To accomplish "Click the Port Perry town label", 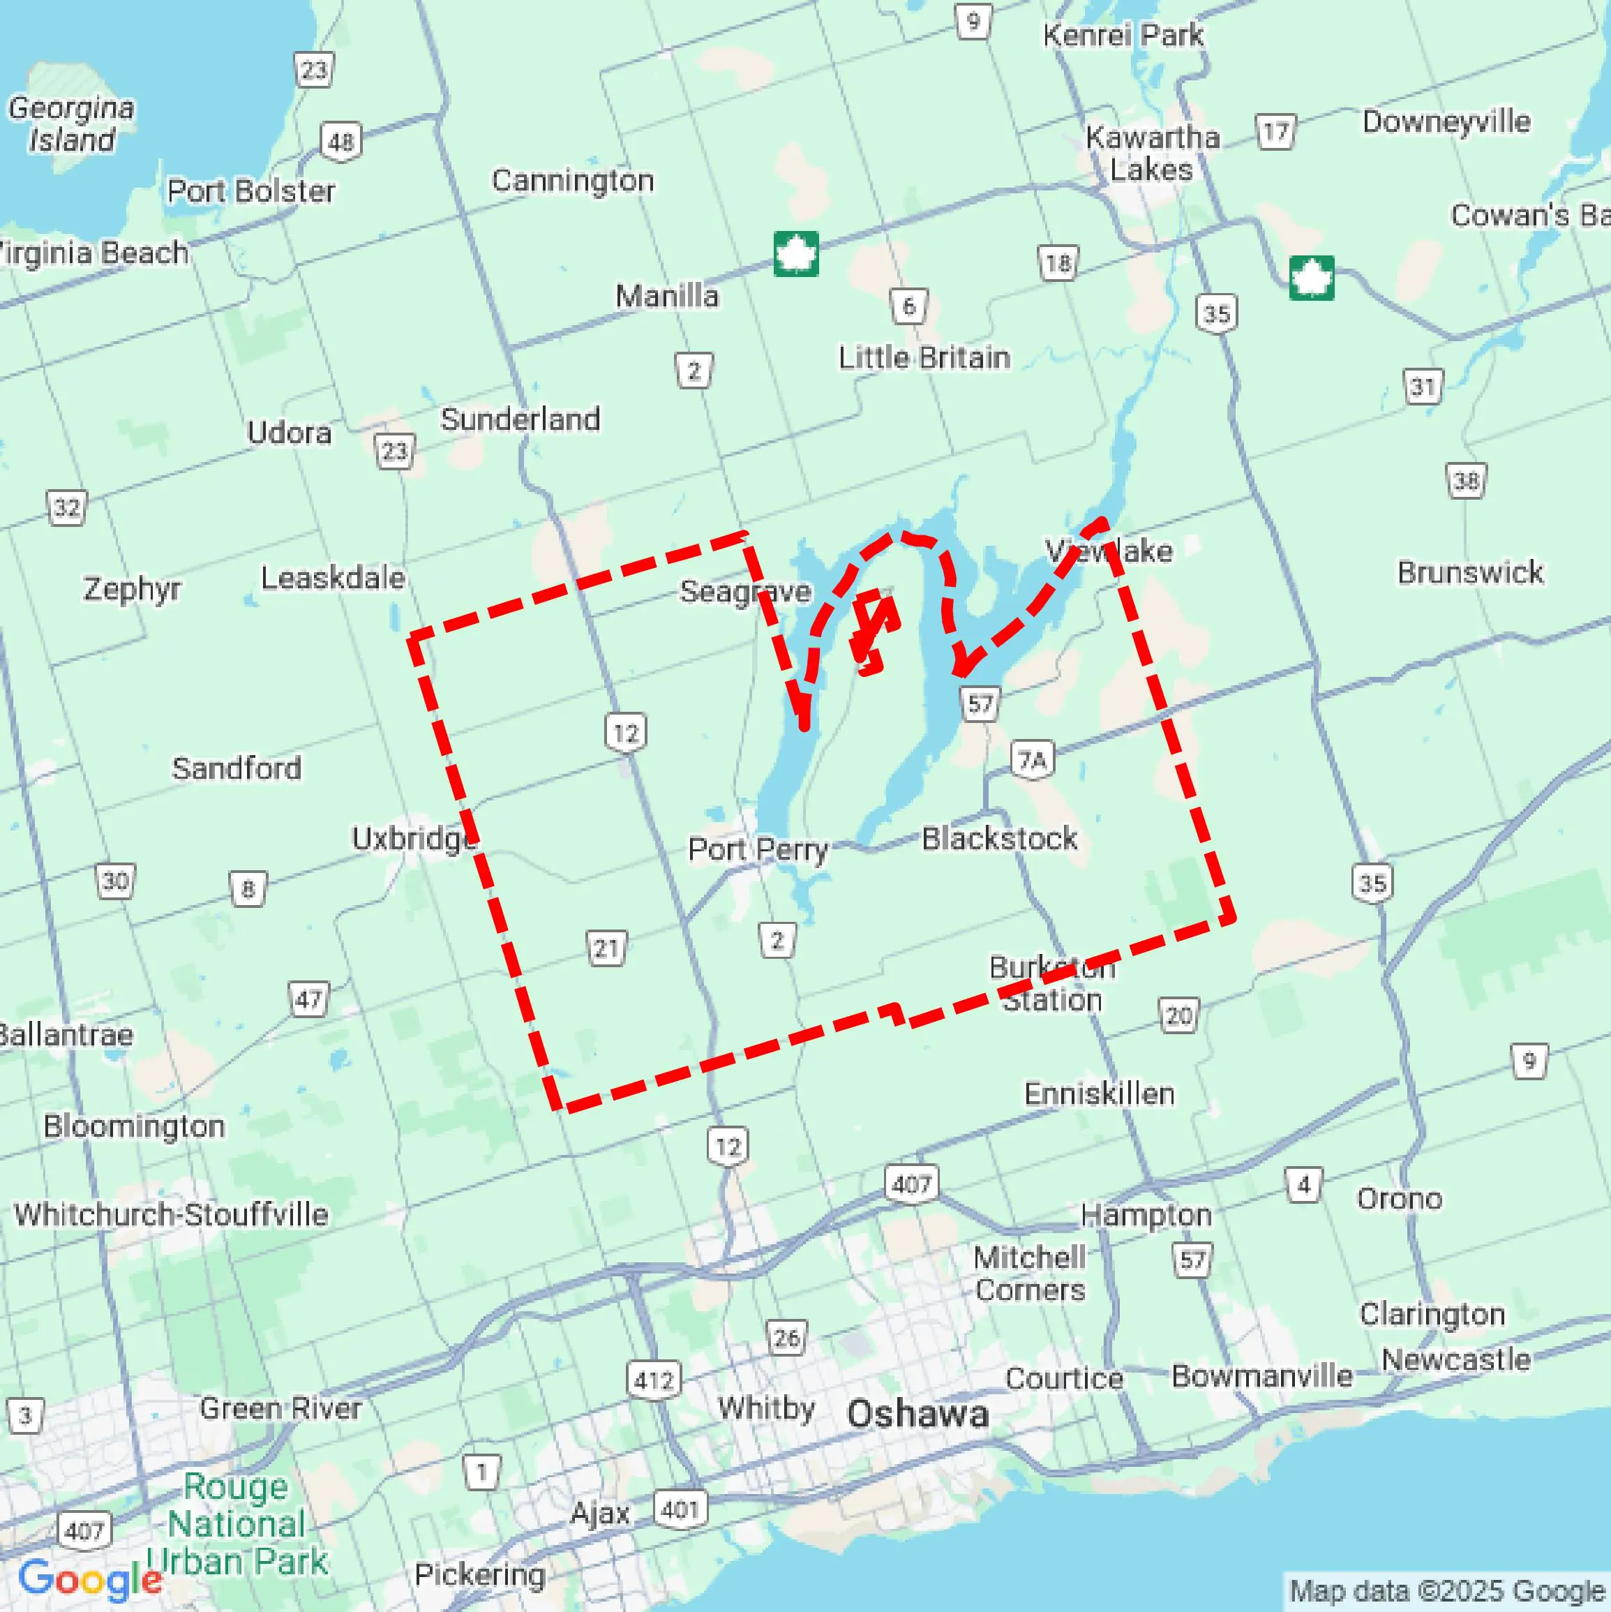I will point(757,850).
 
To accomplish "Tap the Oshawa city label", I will point(917,1415).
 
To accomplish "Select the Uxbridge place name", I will point(414,837).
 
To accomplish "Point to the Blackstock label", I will point(998,839).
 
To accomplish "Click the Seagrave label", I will point(745,592).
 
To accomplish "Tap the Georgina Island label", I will point(72,124).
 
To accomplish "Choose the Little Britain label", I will point(924,358).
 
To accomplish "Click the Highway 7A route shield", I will point(1032,760).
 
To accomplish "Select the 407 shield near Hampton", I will point(911,1184).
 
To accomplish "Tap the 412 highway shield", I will point(653,1380).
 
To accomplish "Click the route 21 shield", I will point(606,948).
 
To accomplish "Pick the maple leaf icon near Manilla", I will point(796,253).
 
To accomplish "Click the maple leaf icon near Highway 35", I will point(1311,278).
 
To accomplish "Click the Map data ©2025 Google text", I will point(1448,1592).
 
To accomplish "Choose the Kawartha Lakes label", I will point(1152,154).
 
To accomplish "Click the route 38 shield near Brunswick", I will point(1466,481).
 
